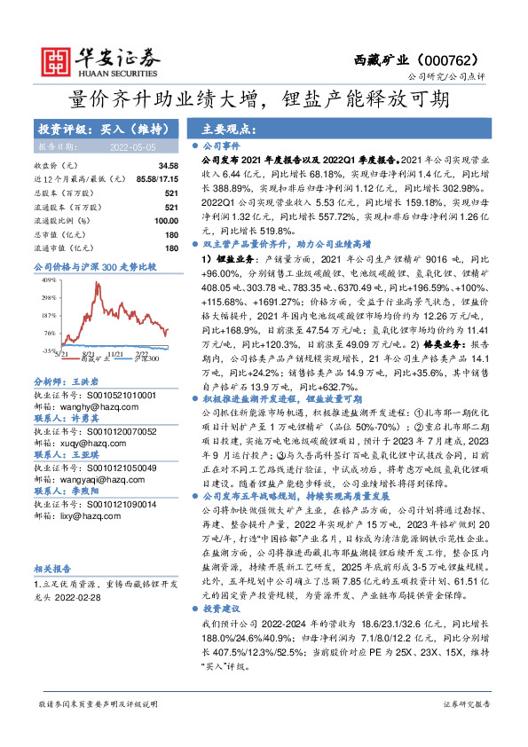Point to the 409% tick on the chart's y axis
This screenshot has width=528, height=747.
pos(47,279)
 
